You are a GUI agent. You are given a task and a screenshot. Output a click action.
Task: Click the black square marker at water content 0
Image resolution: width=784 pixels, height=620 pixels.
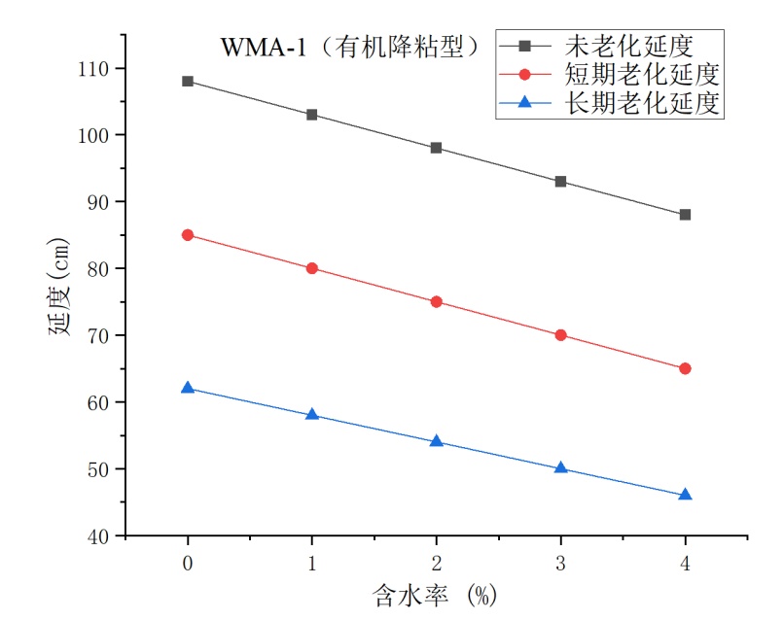point(188,81)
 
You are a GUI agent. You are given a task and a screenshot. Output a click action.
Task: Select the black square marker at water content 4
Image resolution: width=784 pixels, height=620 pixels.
point(685,215)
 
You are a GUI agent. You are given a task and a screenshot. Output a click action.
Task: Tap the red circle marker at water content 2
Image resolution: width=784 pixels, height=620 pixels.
point(436,301)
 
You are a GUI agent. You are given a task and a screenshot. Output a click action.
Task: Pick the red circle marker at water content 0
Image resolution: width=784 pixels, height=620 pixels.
point(188,235)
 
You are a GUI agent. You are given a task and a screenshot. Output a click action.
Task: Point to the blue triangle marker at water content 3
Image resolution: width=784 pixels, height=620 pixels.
point(560,467)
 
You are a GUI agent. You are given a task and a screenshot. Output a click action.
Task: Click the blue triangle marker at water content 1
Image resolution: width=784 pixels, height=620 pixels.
point(312,414)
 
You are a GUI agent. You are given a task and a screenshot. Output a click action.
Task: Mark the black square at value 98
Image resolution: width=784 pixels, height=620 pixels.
point(436,148)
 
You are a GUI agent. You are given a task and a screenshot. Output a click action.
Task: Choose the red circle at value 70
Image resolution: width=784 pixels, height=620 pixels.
point(560,335)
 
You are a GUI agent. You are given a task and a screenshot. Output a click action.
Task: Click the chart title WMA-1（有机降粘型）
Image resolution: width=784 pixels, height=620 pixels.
point(351,45)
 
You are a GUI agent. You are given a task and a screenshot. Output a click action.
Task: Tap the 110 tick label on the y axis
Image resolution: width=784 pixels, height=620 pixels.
point(98,69)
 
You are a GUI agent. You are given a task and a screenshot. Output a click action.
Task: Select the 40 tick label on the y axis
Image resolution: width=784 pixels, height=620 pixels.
point(102,535)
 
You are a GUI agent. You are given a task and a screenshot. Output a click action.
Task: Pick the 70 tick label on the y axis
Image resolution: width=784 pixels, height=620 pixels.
point(102,335)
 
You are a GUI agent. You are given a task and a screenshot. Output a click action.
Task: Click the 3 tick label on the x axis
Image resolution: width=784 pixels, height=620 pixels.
point(560,563)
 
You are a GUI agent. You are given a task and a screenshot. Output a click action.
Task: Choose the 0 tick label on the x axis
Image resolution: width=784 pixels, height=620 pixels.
point(188,563)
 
